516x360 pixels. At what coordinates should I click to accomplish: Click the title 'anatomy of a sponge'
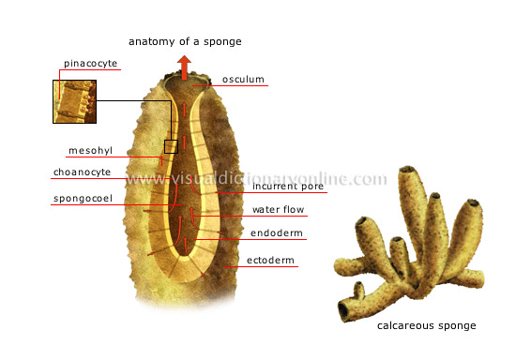[184, 40]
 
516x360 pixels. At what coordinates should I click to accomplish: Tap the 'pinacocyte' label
[92, 64]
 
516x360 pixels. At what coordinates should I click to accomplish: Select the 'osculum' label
[243, 80]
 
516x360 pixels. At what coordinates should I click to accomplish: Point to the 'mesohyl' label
[90, 150]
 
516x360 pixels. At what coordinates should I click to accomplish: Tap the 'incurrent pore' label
[288, 187]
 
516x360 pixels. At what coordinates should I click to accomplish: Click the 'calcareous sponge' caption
[426, 325]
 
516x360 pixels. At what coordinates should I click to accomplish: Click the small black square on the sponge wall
[171, 146]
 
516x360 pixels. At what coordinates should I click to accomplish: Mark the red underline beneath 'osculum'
[243, 87]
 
